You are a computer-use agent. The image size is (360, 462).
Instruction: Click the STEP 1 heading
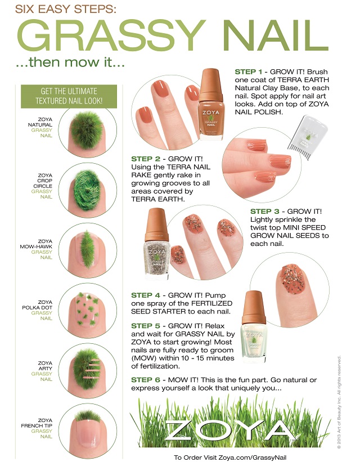point(249,71)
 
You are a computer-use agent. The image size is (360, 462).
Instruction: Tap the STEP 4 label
point(146,295)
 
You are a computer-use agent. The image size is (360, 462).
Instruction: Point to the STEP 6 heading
point(146,380)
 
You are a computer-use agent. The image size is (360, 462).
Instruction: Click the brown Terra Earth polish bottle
point(211,104)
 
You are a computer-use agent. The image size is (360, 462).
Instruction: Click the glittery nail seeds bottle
point(157,244)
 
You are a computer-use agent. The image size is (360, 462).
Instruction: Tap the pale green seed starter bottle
point(254,327)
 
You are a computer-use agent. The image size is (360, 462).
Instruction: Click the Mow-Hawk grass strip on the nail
point(87,249)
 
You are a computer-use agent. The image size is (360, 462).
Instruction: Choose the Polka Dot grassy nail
point(88,310)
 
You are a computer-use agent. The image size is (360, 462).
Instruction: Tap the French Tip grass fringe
point(88,416)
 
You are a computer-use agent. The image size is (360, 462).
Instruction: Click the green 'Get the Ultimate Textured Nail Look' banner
point(69,96)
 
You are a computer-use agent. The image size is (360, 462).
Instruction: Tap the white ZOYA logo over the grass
point(230,430)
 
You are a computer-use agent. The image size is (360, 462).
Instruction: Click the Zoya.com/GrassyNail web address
point(252,457)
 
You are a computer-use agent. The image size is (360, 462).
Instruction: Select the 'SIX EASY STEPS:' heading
point(66,9)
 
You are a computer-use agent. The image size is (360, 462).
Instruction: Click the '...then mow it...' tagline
point(70,62)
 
